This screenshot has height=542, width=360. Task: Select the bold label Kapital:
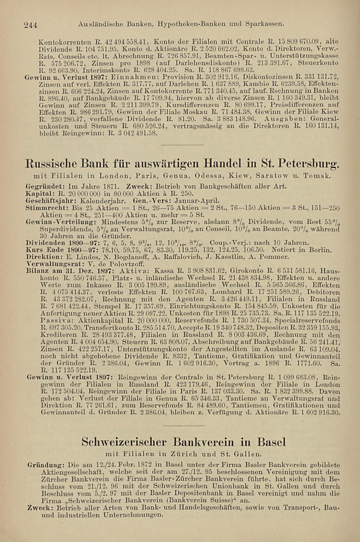tap(38, 194)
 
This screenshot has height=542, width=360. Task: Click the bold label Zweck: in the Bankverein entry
tap(40, 508)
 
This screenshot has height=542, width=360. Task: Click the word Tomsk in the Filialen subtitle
tap(317, 176)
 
